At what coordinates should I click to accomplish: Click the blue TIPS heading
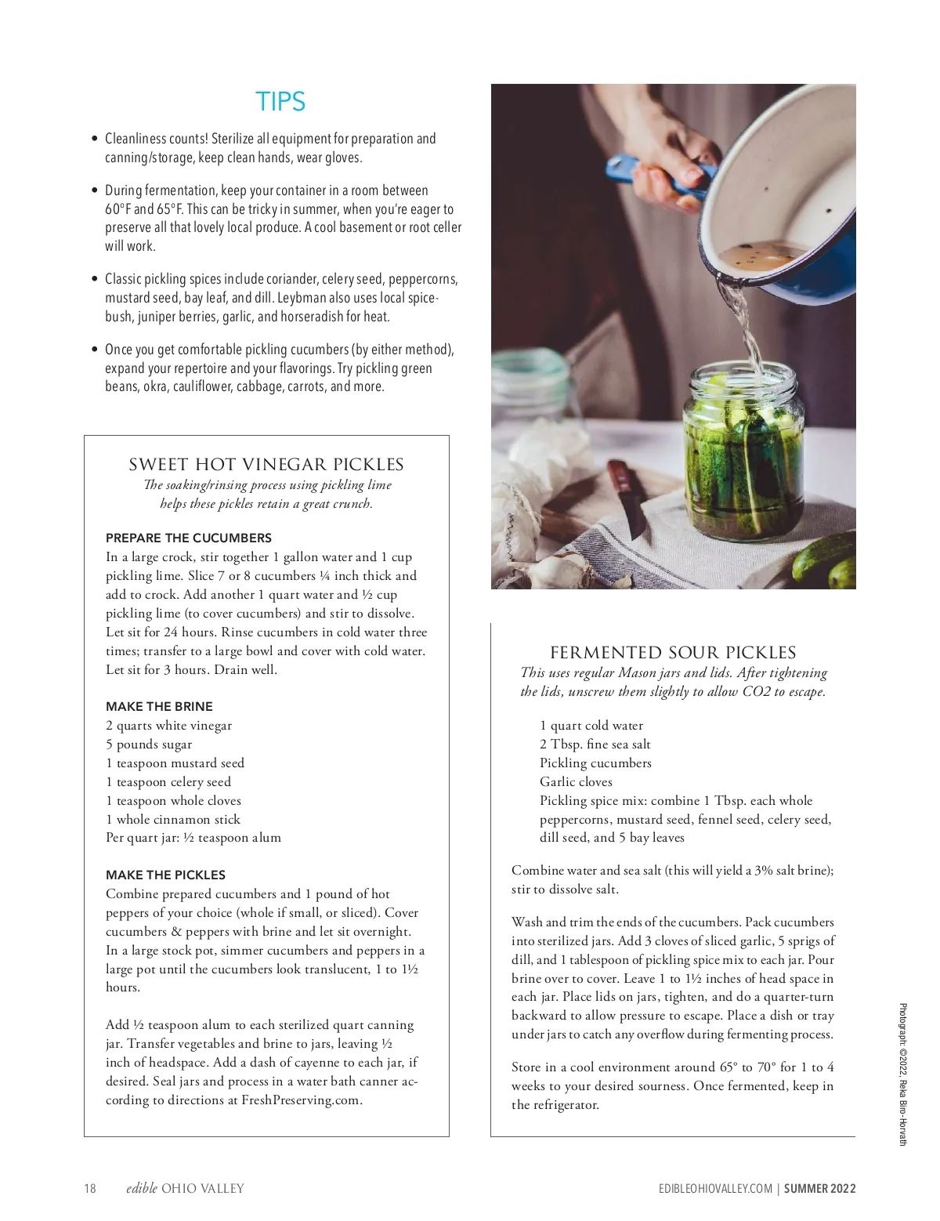click(280, 102)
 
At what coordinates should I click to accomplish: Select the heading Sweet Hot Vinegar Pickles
click(266, 465)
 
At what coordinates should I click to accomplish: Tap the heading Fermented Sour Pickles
click(673, 653)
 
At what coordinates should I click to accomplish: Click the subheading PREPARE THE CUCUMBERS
click(189, 538)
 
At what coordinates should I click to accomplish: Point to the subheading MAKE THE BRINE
click(159, 706)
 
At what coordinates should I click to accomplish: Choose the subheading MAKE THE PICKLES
click(165, 875)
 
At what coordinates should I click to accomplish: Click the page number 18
click(90, 1188)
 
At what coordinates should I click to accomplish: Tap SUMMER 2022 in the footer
click(820, 1188)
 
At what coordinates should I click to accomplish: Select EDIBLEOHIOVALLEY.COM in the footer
click(715, 1188)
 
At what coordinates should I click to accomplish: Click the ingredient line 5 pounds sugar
click(149, 745)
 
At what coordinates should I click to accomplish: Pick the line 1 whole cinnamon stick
click(173, 820)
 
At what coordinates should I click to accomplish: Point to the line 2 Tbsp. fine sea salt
click(595, 745)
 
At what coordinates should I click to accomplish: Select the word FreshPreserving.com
click(301, 1100)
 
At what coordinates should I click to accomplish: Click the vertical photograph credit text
click(902, 1074)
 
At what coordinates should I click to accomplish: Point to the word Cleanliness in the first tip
click(135, 139)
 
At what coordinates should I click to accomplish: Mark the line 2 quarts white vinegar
click(169, 726)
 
